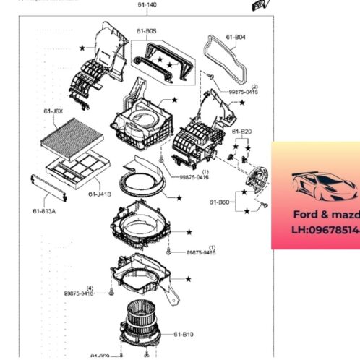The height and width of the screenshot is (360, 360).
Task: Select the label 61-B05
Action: [x=147, y=32]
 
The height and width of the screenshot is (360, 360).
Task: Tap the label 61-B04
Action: [x=235, y=36]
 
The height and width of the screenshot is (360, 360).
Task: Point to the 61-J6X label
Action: [x=53, y=111]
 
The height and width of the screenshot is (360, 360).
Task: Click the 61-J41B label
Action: [x=100, y=194]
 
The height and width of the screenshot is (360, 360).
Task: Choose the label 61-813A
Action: [x=45, y=210]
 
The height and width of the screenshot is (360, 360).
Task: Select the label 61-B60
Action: [x=220, y=202]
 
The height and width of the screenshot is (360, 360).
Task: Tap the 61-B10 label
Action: [x=184, y=334]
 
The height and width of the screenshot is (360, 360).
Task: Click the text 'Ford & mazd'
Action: [x=325, y=215]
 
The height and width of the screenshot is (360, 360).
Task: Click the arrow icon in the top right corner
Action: [x=257, y=5]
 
